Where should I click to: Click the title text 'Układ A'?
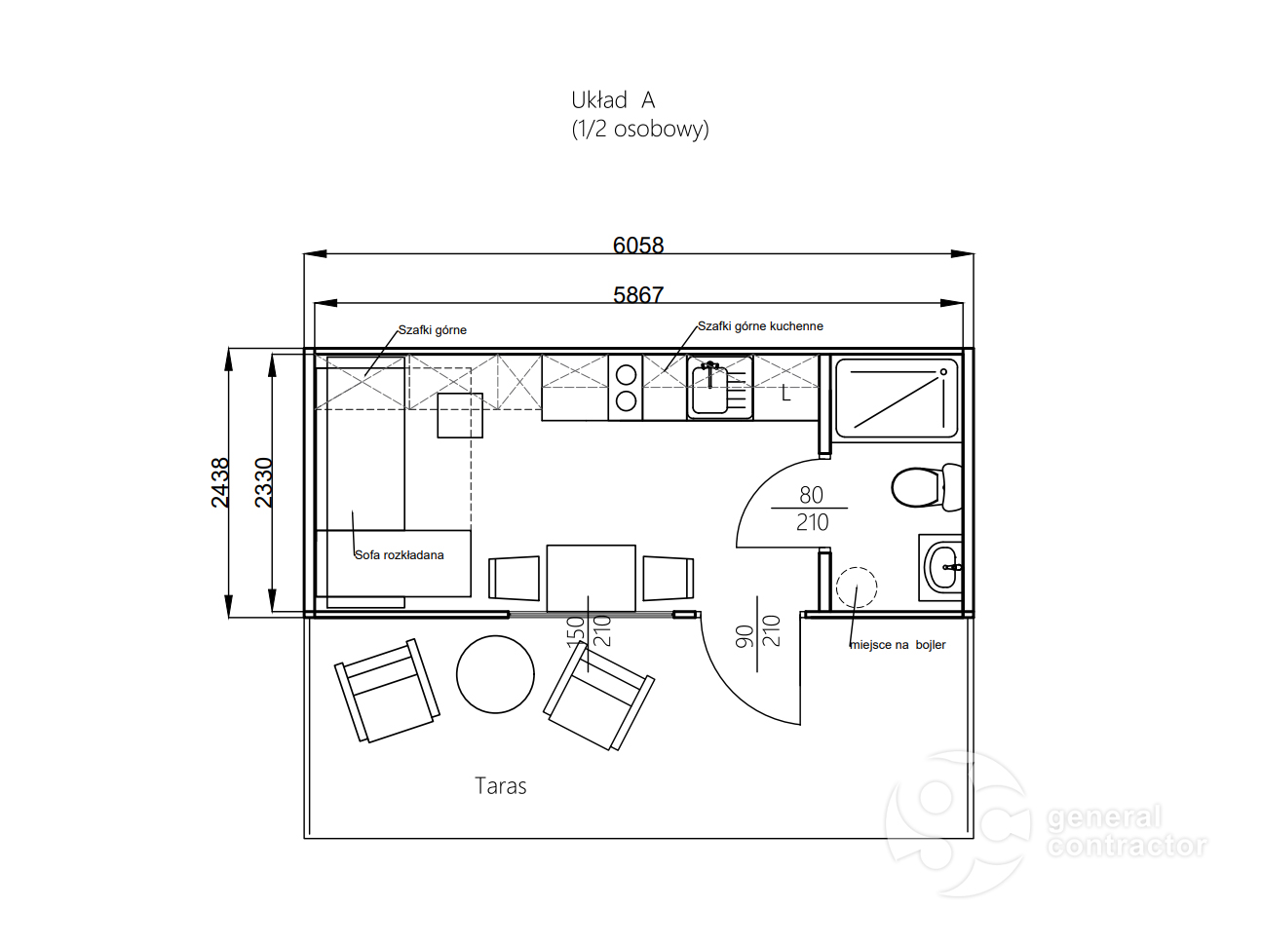pyautogui.click(x=613, y=100)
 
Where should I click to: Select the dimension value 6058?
pyautogui.click(x=638, y=246)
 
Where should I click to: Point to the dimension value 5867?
pyautogui.click(x=638, y=295)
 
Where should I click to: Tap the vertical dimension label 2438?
pyautogui.click(x=220, y=482)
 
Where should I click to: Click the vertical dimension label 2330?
pyautogui.click(x=263, y=482)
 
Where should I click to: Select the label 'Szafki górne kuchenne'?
pyautogui.click(x=760, y=325)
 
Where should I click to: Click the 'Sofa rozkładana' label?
pyautogui.click(x=399, y=555)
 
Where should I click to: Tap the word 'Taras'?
pyautogui.click(x=500, y=785)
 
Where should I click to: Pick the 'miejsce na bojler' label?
pyautogui.click(x=898, y=645)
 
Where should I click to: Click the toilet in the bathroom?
pyautogui.click(x=926, y=486)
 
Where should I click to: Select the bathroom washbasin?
pyautogui.click(x=941, y=567)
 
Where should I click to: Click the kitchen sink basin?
pyautogui.click(x=709, y=390)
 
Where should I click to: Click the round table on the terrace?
pyautogui.click(x=495, y=674)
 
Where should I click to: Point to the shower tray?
pyautogui.click(x=897, y=398)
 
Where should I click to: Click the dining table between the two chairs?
pyautogui.click(x=591, y=578)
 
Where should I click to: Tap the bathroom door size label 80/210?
pyautogui.click(x=811, y=509)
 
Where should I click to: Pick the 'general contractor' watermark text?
pyautogui.click(x=1126, y=831)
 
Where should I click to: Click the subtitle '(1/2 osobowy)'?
pyautogui.click(x=640, y=129)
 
